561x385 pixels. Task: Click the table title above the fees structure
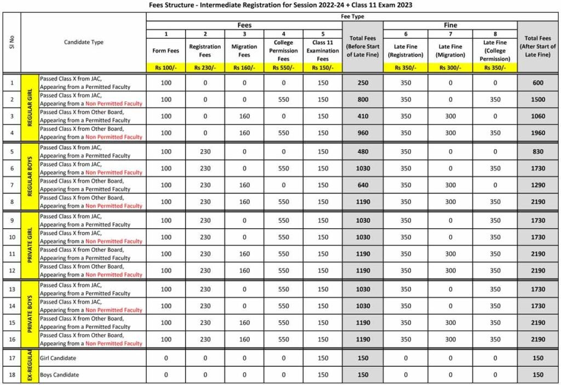(280, 5)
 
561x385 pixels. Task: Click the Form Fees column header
(166, 50)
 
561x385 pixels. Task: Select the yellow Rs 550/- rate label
(283, 68)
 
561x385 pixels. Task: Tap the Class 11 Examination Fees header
(323, 50)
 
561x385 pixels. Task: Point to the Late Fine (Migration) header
(451, 50)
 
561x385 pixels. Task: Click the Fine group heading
(450, 25)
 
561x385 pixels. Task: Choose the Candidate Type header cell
(83, 42)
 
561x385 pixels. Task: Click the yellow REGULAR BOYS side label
(30, 177)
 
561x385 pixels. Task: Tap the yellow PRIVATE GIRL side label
(30, 245)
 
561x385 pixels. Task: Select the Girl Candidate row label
(58, 358)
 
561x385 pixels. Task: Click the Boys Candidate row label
(59, 375)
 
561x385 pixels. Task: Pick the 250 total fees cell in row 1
(363, 83)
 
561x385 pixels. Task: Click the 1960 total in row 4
(538, 133)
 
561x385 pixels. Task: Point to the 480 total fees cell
(363, 152)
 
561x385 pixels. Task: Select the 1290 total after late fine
(538, 185)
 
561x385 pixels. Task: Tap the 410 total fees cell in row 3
(363, 116)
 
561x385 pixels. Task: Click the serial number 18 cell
(12, 375)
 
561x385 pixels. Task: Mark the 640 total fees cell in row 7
(363, 185)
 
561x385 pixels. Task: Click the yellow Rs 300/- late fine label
(451, 68)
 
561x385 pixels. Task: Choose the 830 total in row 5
(538, 152)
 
